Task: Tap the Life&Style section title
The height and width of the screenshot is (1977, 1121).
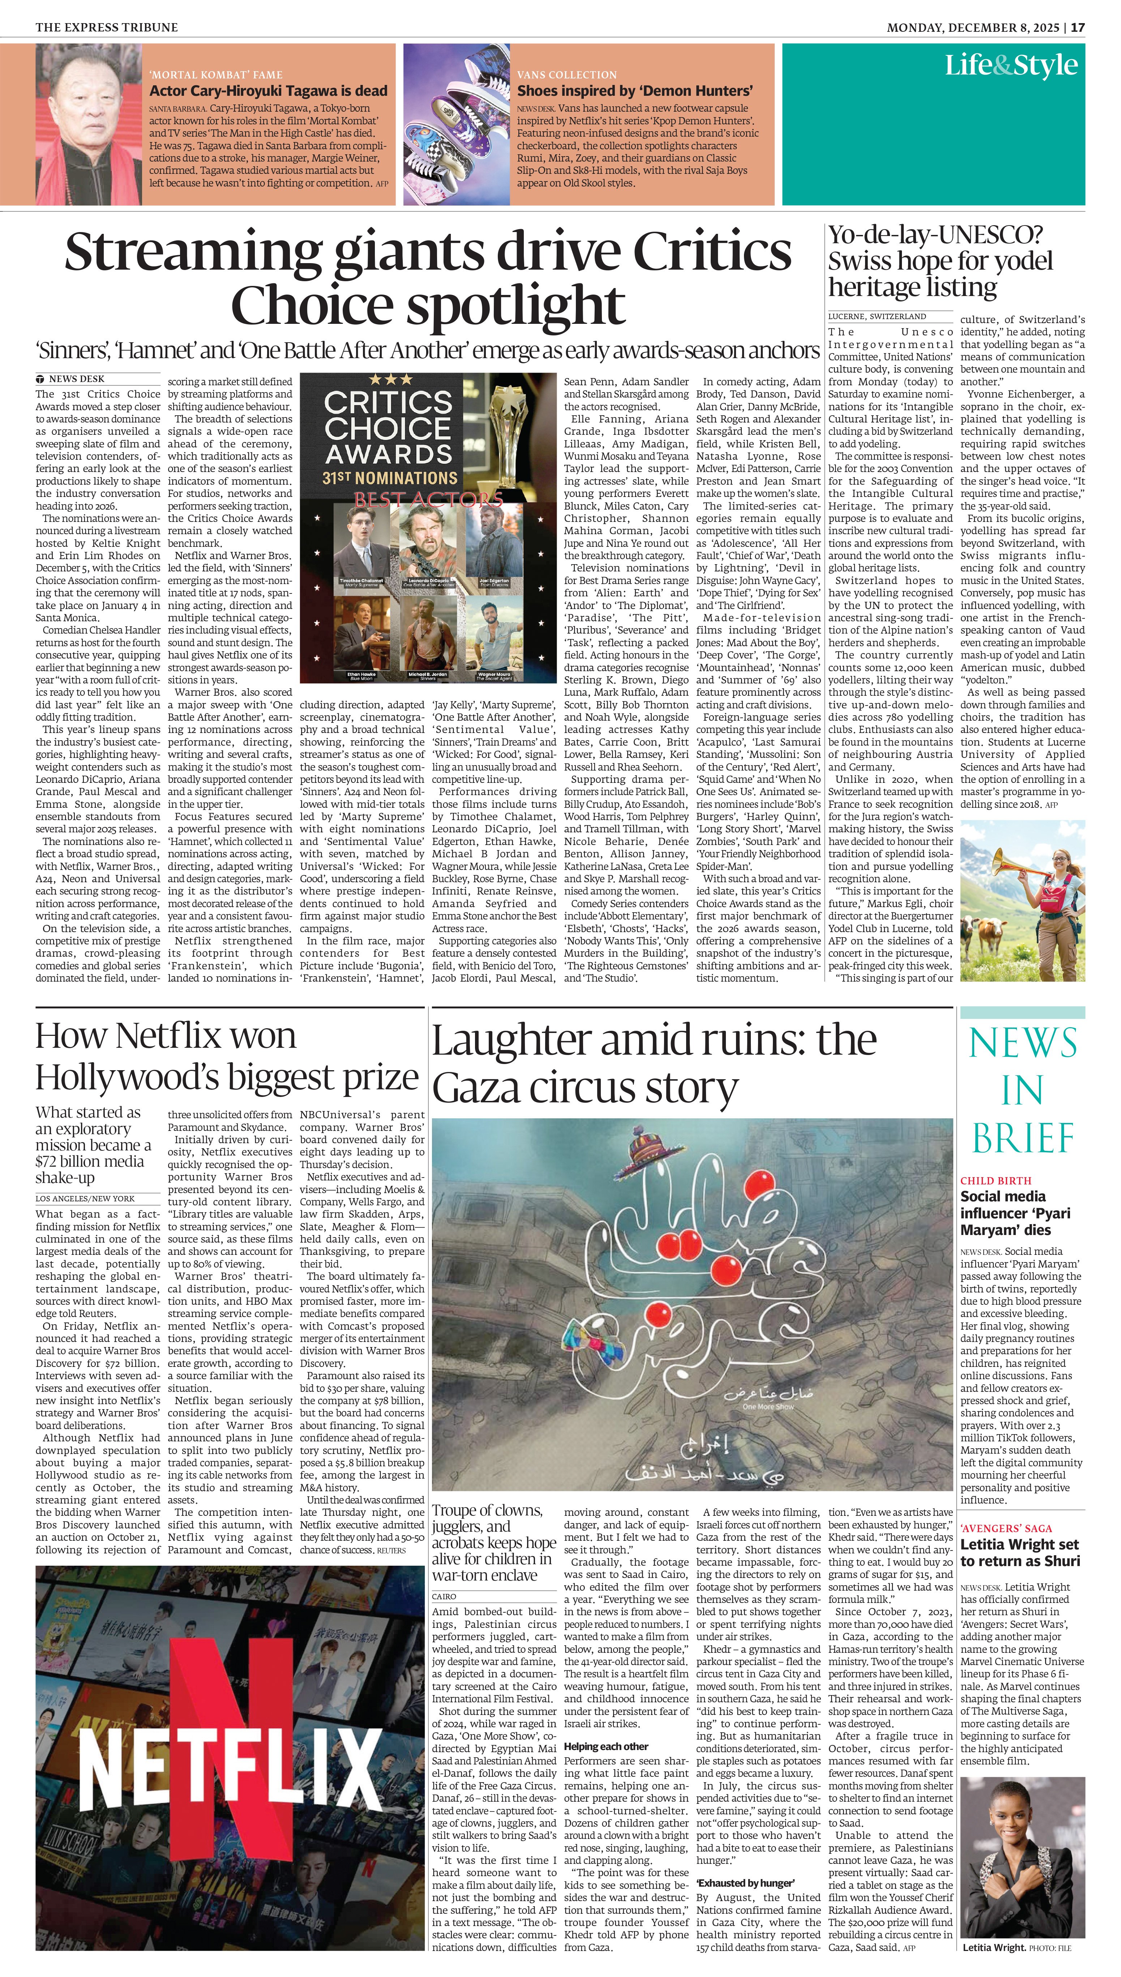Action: tap(1011, 65)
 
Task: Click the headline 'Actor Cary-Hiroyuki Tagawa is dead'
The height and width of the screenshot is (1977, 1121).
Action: tap(268, 91)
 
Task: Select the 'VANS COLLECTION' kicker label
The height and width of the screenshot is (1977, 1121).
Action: tap(567, 75)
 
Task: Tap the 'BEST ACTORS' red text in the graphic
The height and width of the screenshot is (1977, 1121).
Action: tap(428, 499)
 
